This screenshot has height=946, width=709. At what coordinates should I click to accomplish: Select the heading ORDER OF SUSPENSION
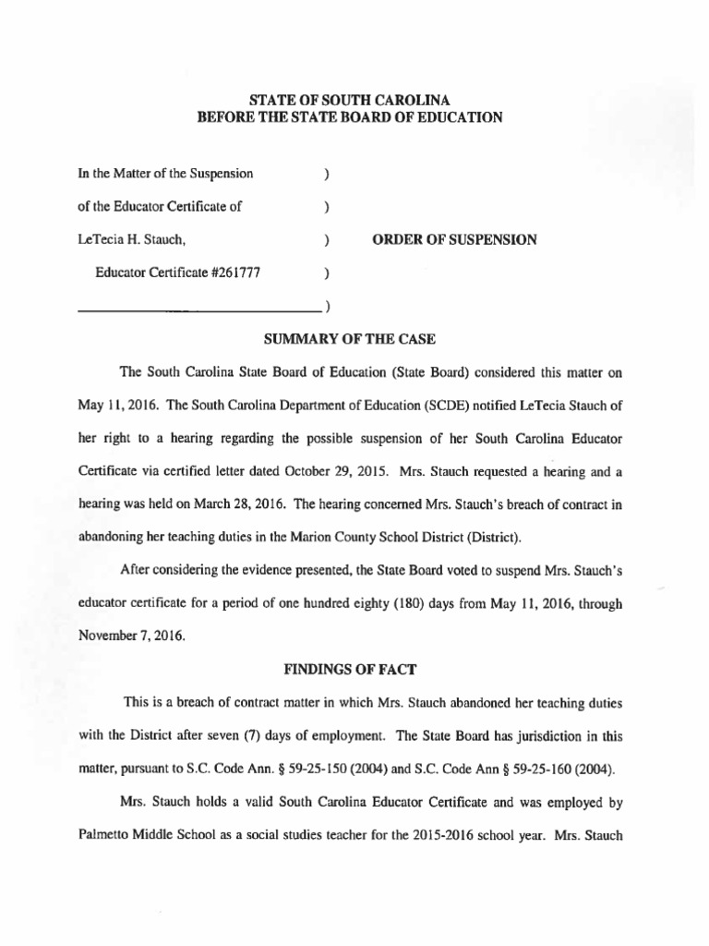[x=454, y=239]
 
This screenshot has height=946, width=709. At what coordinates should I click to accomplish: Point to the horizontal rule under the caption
[x=198, y=308]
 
